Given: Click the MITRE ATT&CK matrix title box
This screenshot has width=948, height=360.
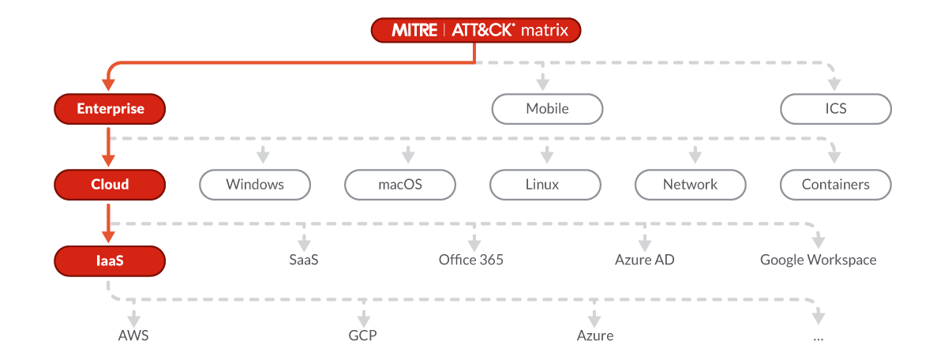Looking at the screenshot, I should click(476, 31).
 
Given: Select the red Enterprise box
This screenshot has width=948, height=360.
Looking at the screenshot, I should click(110, 109).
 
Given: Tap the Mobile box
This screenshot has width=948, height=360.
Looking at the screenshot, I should click(547, 109).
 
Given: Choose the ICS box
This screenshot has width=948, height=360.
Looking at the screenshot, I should click(835, 109).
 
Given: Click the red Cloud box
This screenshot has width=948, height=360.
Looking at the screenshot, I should click(110, 185).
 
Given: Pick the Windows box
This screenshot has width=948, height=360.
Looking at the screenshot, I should click(255, 185).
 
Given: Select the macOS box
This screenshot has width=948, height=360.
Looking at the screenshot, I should click(400, 185).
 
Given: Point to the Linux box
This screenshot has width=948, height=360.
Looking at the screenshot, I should click(545, 185).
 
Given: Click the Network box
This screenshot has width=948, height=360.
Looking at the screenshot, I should click(690, 185).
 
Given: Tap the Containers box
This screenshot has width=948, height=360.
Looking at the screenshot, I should click(835, 185).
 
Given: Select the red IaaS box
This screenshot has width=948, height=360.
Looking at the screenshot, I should click(110, 260).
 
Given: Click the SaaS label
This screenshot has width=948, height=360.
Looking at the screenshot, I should click(304, 260).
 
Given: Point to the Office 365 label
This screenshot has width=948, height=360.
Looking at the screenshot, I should click(471, 260).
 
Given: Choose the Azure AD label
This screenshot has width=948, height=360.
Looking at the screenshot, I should click(645, 260).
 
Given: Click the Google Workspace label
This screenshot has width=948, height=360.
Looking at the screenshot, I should click(818, 260).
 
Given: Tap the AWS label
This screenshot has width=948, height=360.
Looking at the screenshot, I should click(133, 336).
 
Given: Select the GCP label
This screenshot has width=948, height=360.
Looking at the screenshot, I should click(363, 336).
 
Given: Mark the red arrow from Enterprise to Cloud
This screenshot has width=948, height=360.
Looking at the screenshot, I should click(110, 146).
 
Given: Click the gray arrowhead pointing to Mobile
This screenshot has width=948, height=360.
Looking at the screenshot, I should click(542, 82).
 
